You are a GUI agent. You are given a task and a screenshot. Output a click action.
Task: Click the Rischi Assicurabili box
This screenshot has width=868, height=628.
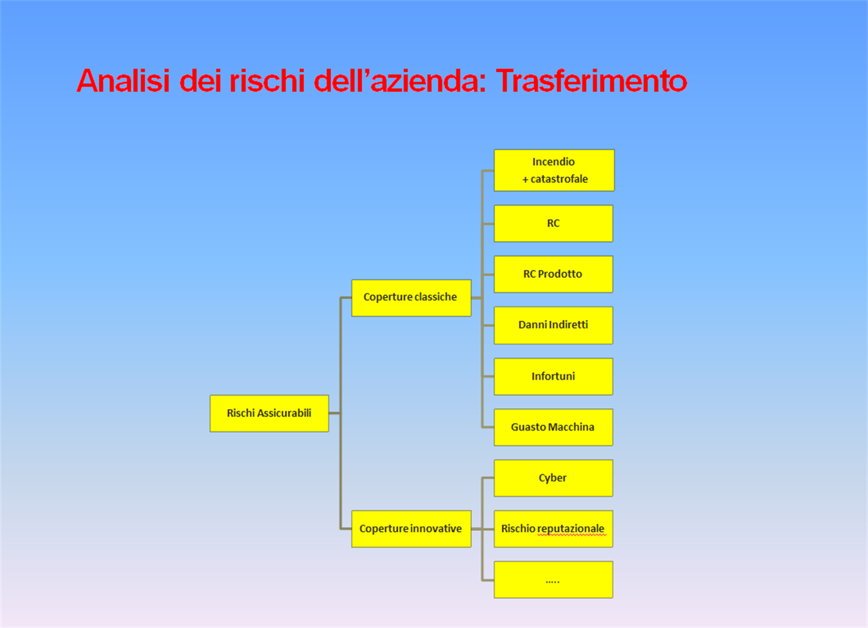269,413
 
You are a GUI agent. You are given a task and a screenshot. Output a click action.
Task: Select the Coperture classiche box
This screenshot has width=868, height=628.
411,298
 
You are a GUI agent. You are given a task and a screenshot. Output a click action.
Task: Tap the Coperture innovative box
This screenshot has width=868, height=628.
411,529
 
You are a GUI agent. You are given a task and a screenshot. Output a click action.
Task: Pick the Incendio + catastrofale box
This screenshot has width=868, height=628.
554,170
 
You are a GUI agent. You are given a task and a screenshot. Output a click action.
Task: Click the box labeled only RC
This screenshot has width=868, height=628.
553,223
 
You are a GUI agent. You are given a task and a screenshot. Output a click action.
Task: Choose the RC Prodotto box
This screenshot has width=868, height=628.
553,274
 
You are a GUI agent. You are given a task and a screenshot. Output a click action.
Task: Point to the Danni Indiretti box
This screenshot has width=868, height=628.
553,326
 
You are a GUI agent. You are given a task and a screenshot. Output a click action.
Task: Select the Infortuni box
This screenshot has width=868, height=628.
553,376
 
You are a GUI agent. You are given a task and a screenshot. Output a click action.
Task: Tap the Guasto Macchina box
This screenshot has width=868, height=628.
553,427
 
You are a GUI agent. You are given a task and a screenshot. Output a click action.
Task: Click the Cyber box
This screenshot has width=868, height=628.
553,478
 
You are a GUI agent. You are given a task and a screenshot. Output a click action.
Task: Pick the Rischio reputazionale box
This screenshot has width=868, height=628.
553,529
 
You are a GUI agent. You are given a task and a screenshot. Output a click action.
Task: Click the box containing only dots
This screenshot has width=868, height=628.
553,580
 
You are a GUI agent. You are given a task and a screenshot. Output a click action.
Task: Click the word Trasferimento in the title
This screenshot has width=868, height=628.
591,81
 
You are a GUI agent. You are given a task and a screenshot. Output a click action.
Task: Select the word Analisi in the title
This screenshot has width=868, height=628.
123,81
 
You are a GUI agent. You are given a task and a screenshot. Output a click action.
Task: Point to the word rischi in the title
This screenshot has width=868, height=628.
267,81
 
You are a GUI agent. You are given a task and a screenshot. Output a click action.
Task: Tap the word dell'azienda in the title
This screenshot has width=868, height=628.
400,81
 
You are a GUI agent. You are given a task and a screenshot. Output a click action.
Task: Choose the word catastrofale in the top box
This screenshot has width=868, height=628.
559,179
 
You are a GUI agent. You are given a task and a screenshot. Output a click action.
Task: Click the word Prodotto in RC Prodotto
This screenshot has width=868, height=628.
560,274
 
